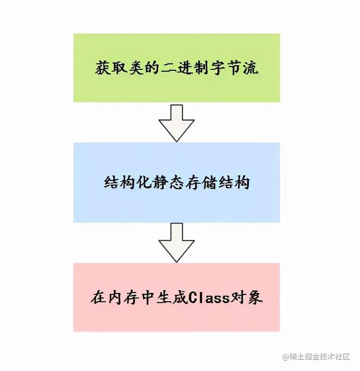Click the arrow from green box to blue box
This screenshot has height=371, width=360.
tap(176, 122)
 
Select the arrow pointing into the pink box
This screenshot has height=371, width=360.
tap(176, 242)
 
